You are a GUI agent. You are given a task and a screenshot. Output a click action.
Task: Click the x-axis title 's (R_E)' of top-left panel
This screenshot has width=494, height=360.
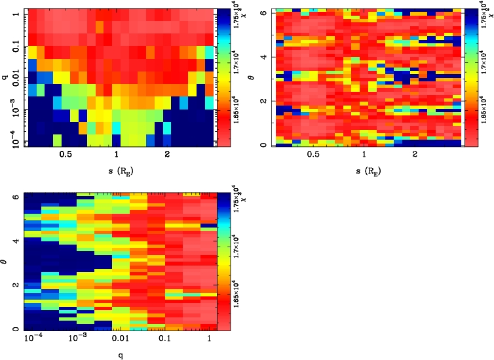point(117,171)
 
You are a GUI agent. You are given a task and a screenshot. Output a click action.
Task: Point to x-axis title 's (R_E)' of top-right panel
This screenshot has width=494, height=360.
point(364,171)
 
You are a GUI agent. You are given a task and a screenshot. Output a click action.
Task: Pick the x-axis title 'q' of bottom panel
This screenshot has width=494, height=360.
point(117,355)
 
